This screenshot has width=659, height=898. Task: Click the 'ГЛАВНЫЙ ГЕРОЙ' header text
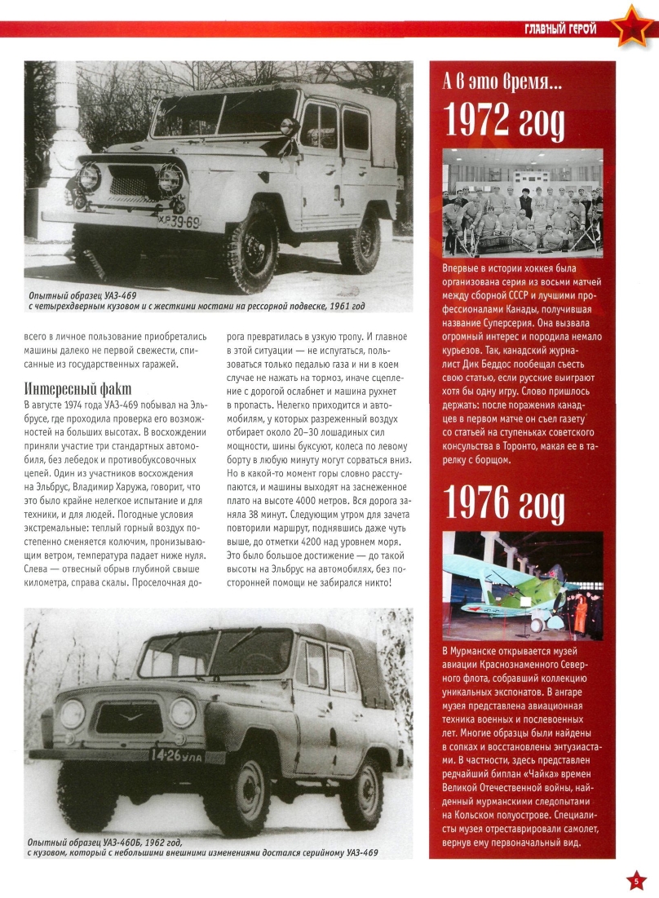[x=560, y=30]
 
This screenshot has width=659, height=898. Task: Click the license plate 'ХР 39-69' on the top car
[x=179, y=221]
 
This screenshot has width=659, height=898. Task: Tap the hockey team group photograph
[x=522, y=202]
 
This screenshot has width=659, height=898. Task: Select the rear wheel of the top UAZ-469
[x=359, y=241]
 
